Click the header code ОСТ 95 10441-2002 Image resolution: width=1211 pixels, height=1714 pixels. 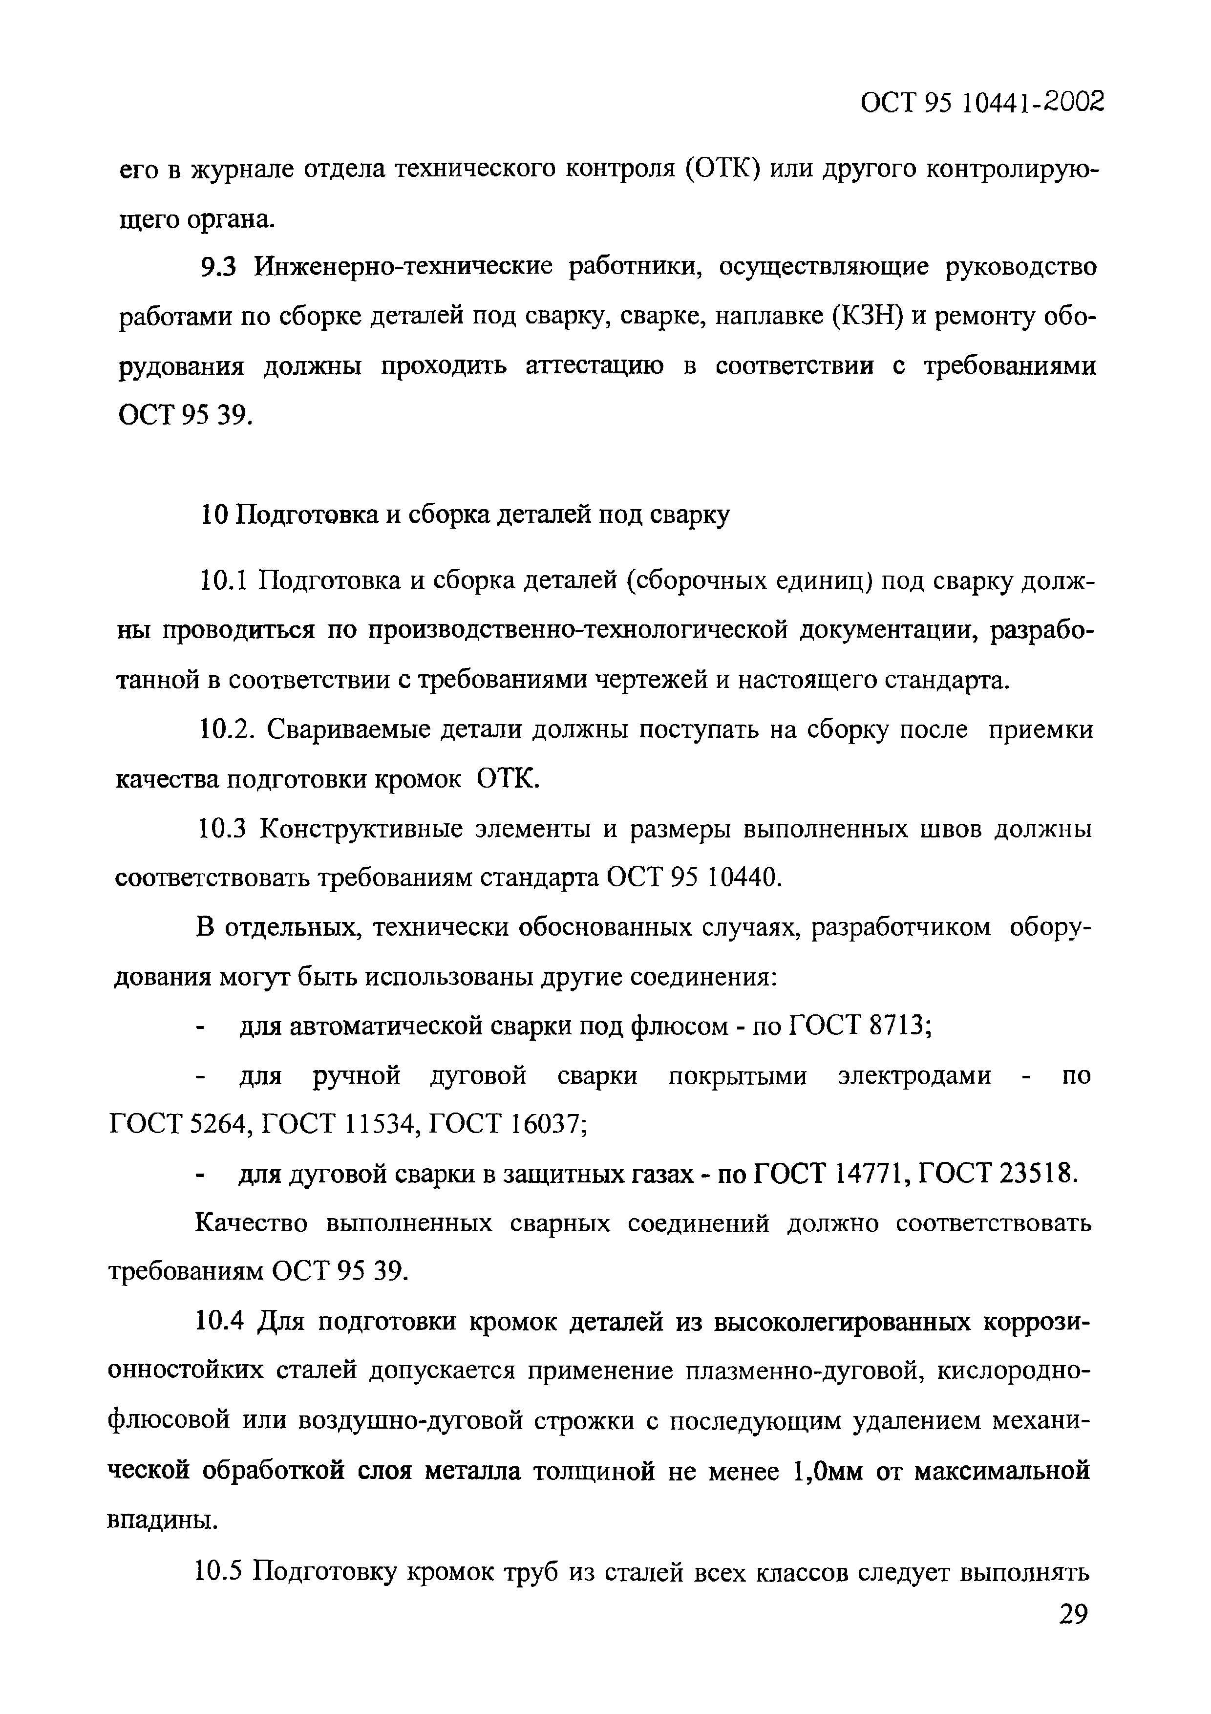[982, 101]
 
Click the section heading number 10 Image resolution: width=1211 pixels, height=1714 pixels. [215, 515]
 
